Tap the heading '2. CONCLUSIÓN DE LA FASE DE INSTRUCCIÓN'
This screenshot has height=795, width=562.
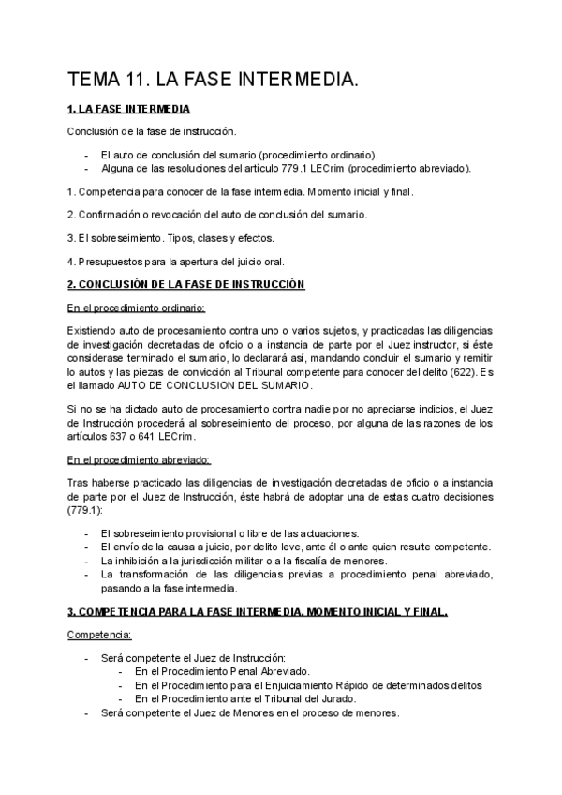click(x=186, y=284)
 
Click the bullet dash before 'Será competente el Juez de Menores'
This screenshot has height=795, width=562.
click(x=87, y=712)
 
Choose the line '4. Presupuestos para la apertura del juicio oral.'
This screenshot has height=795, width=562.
click(x=175, y=261)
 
